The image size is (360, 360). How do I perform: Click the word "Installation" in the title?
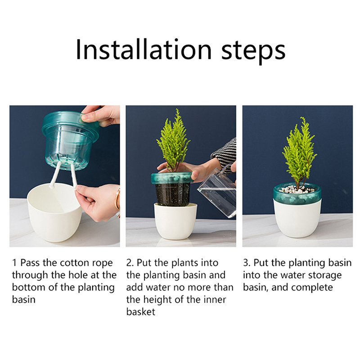144,49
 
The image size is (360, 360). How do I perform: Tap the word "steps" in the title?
253,52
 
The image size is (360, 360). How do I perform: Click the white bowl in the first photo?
54,212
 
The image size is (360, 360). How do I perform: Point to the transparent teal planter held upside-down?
70,140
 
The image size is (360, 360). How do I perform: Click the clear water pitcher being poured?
218,193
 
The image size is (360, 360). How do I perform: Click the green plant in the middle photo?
173,140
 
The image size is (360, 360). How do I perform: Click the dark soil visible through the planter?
173,194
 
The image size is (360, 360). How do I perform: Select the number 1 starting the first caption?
14,263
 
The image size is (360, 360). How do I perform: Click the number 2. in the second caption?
130,263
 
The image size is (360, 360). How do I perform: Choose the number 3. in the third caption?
247,263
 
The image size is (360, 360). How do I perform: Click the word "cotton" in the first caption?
74,263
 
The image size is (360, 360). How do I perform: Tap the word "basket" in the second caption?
141,312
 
